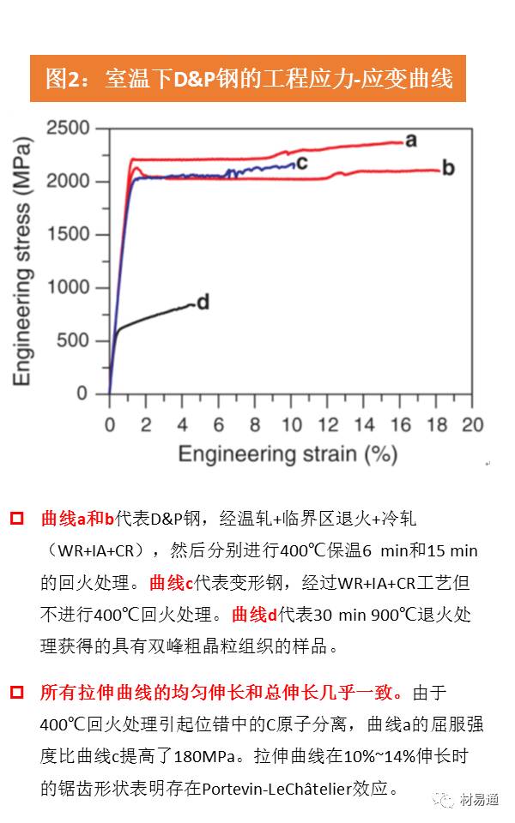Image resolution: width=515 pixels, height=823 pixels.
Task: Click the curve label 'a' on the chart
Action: pos(410,140)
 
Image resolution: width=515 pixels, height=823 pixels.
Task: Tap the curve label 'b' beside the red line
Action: pos(447,167)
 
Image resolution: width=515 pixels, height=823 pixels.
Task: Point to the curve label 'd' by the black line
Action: pos(203,302)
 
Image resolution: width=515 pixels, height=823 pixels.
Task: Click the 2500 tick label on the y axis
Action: pos(69,129)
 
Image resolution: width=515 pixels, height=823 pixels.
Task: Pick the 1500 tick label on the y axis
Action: pos(69,235)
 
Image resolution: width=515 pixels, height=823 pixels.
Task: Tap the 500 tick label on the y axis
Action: pos(75,340)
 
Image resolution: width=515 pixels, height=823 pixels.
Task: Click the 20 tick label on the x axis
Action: pos(472,424)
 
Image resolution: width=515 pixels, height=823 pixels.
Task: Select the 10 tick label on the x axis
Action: pos(291,424)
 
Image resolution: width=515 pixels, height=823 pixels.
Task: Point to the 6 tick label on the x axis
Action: pos(219,424)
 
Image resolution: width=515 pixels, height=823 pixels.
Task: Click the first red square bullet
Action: pos(17,520)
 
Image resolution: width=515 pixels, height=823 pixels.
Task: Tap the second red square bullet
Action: pos(17,692)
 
